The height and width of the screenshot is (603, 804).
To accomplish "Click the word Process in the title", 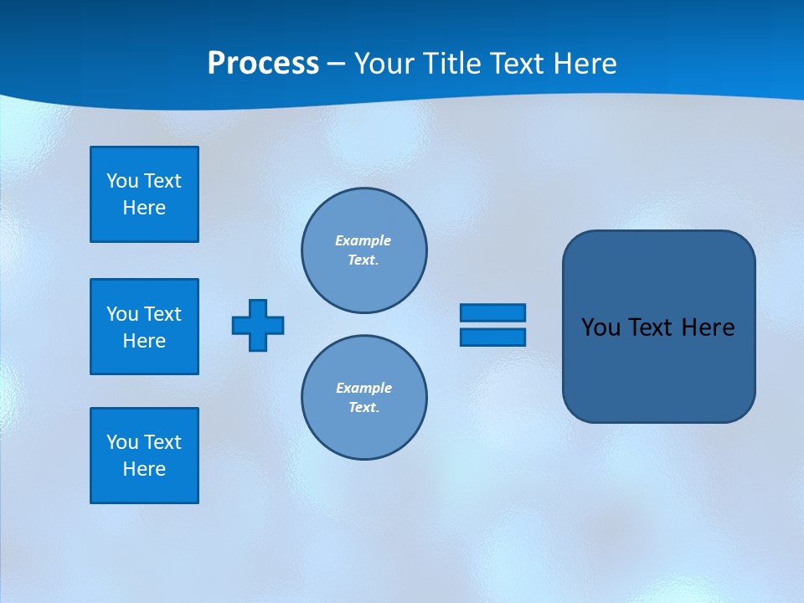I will (263, 64).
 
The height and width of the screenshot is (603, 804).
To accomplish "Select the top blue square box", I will (144, 194).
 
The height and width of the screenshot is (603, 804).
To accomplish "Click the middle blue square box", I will (144, 327).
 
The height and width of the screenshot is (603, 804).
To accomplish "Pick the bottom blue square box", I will (144, 456).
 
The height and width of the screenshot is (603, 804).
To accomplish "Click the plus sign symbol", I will (258, 325).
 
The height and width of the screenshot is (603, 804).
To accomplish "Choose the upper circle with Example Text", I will (364, 250).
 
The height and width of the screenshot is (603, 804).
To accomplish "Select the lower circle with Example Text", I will (364, 398).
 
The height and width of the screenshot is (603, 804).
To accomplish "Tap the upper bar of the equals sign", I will (492, 312).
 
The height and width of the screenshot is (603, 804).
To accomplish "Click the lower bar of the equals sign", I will (492, 338).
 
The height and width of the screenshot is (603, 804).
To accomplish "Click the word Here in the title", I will (583, 64).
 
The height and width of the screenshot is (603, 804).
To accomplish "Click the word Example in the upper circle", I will (363, 240).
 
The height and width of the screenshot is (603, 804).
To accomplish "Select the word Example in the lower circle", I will (363, 388).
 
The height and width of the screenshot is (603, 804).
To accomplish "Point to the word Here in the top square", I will (144, 208).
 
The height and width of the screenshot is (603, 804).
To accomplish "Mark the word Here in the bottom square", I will (144, 469).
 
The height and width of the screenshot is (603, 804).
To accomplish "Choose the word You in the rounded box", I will (600, 327).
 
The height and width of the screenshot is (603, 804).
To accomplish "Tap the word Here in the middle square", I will (144, 341).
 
